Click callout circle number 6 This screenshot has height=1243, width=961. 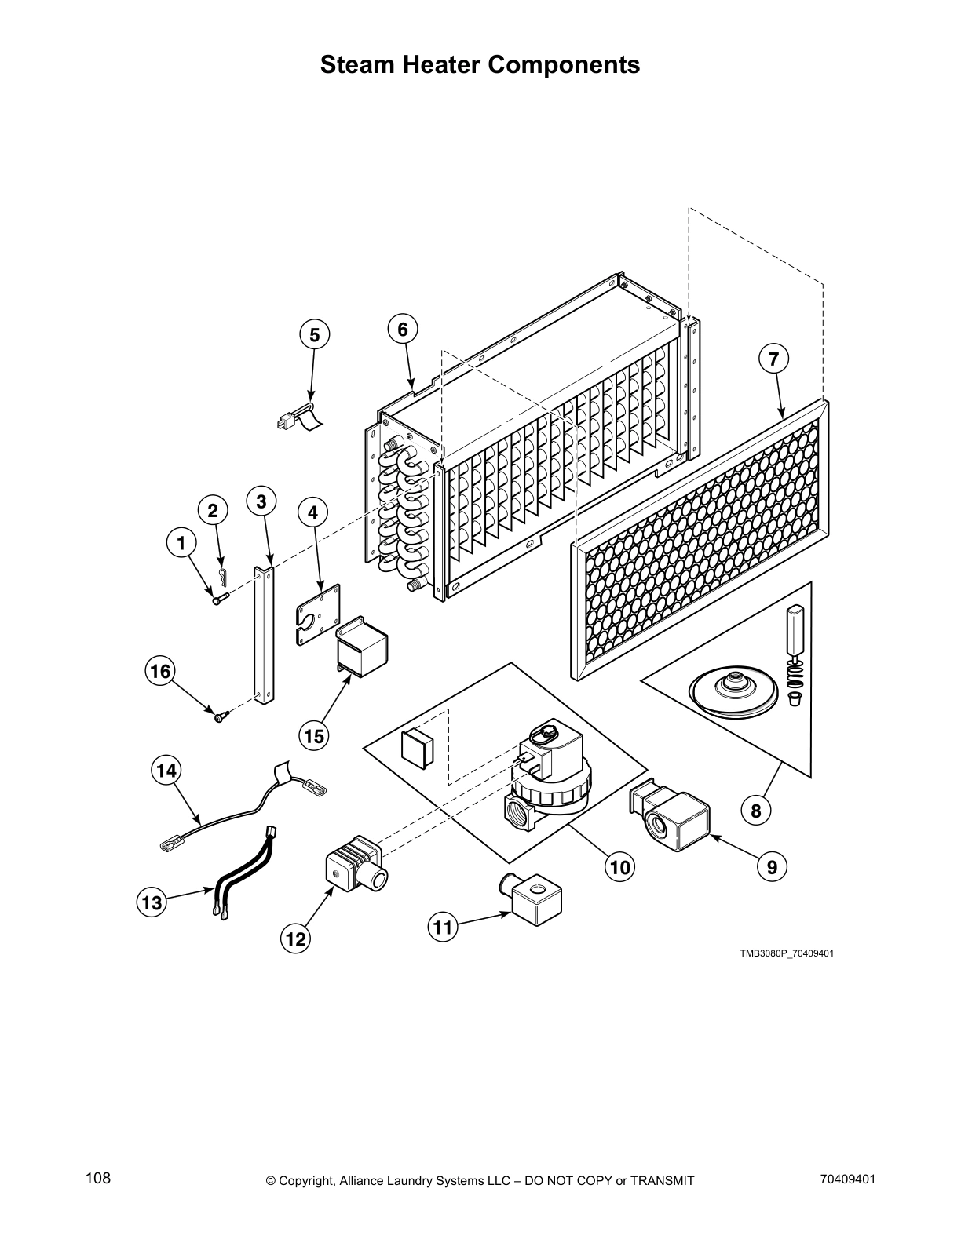pos(403,329)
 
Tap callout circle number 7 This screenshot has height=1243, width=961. pos(773,359)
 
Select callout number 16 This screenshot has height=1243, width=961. pos(160,672)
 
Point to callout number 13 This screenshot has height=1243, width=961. pos(152,902)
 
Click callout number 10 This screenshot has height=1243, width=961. pos(619,867)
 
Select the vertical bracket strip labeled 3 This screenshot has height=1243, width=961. pos(264,628)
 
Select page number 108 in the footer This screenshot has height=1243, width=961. pos(98,1178)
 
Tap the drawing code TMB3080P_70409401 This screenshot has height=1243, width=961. pos(785,953)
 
